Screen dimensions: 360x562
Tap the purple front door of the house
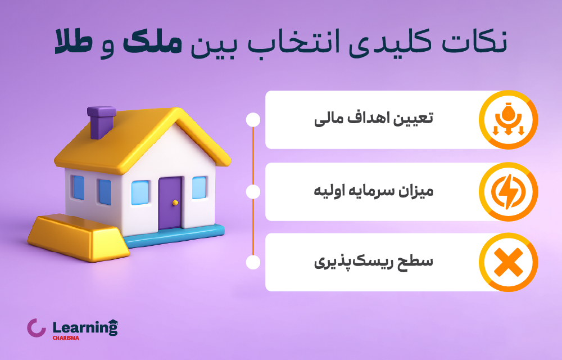coord(170,202)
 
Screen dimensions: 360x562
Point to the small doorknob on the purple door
coord(175,202)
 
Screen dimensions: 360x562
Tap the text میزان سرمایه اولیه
coord(374,192)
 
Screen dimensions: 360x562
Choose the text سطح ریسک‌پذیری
coord(373,262)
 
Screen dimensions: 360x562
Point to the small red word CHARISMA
coord(65,338)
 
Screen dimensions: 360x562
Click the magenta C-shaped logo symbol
coord(36,328)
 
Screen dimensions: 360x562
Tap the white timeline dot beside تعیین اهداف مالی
coord(253,120)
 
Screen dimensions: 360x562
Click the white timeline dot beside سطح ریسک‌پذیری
coord(253,262)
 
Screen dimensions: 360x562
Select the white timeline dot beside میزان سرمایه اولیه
coord(253,192)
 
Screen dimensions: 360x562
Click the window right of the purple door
coord(199,187)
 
